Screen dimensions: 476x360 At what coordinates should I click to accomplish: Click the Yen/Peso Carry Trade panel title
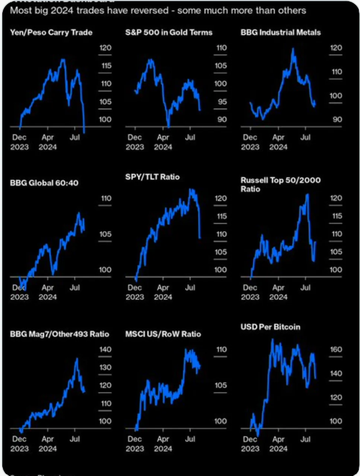pyautogui.click(x=52, y=32)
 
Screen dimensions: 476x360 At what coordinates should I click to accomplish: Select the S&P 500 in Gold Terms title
pyautogui.click(x=168, y=32)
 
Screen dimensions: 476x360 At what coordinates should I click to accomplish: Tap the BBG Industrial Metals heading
pyautogui.click(x=281, y=32)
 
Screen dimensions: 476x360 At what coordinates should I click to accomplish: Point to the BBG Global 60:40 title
pyautogui.click(x=44, y=183)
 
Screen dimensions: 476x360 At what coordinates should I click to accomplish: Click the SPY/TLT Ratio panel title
pyautogui.click(x=152, y=177)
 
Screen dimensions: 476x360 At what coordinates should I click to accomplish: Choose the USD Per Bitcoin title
pyautogui.click(x=270, y=327)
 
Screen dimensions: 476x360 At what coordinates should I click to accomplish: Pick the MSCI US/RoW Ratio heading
pyautogui.click(x=163, y=334)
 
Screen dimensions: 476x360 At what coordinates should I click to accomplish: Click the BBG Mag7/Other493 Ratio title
pyautogui.click(x=60, y=334)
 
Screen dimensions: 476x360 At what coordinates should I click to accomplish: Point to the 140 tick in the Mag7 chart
pyautogui.click(x=105, y=350)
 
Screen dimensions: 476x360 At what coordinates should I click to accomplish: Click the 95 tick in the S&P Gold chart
pyautogui.click(x=222, y=102)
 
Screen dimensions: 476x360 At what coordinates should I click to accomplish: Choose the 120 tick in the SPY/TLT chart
pyautogui.click(x=221, y=199)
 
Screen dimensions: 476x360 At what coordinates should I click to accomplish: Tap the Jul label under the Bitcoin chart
pyautogui.click(x=306, y=438)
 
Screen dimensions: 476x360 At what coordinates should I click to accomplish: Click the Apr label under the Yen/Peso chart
pyautogui.click(x=48, y=137)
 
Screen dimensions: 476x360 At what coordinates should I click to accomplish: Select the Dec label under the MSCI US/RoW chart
pyautogui.click(x=134, y=438)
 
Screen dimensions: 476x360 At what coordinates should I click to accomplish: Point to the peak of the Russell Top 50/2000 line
pyautogui.click(x=307, y=194)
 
